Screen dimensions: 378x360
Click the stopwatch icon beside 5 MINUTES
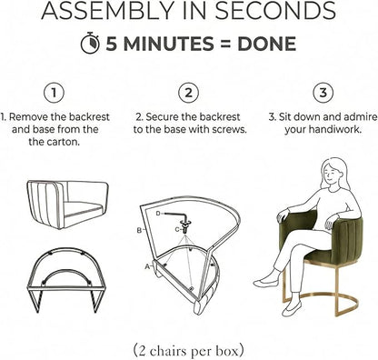(x=90, y=43)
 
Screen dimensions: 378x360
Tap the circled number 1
(x=54, y=93)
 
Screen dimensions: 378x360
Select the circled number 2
(x=188, y=93)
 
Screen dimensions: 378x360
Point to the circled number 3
(x=323, y=93)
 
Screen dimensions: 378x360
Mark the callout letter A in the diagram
(x=147, y=266)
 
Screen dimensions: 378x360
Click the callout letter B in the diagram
(x=139, y=231)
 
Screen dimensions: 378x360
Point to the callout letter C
(x=177, y=230)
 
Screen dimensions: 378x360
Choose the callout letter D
(x=158, y=214)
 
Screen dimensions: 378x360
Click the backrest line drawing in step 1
(x=67, y=204)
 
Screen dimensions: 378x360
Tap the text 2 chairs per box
(x=188, y=351)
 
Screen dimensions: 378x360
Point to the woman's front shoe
(x=292, y=308)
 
